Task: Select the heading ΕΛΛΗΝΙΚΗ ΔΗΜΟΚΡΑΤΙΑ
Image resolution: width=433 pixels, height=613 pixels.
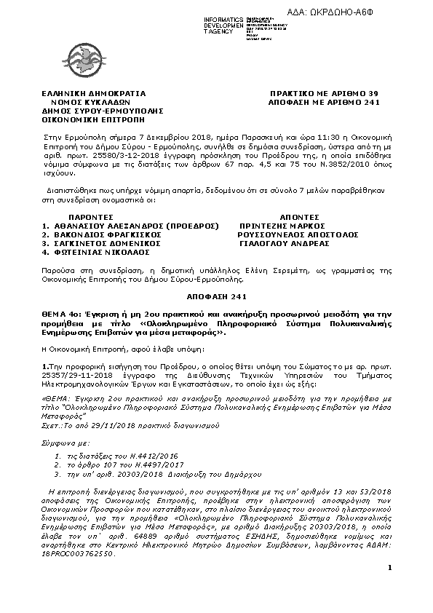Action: pos(94,94)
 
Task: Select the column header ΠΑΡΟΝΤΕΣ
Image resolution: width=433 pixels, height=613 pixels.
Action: pos(91,217)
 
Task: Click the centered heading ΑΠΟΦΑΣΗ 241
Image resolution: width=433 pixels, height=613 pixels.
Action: pos(216,297)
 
